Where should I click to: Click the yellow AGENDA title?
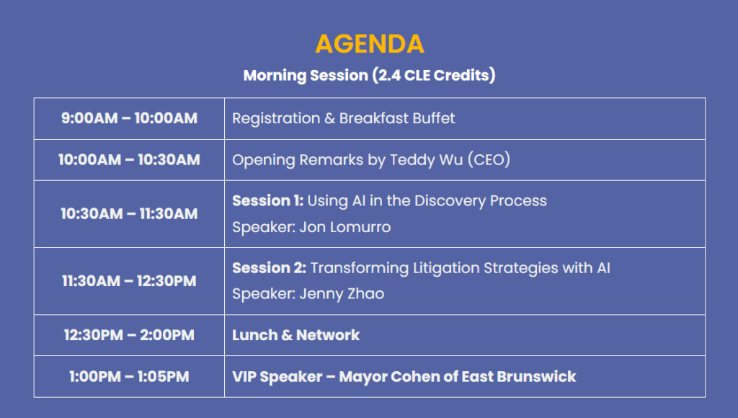click(x=370, y=44)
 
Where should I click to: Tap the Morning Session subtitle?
click(x=370, y=76)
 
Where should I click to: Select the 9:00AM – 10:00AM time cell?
click(x=129, y=118)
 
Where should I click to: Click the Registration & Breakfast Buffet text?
click(x=344, y=119)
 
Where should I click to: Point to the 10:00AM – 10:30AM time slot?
click(x=129, y=160)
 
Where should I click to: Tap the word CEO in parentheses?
click(x=489, y=160)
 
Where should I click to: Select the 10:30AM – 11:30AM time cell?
click(x=129, y=214)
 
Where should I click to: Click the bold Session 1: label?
click(x=268, y=201)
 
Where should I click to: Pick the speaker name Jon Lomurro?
click(x=345, y=227)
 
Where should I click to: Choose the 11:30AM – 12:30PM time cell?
click(x=129, y=281)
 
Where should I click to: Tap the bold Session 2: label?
click(x=270, y=268)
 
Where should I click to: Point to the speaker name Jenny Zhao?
click(x=342, y=294)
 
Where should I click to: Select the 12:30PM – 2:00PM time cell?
click(x=129, y=335)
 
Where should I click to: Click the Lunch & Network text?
click(x=296, y=335)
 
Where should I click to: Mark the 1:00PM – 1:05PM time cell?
click(x=129, y=377)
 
